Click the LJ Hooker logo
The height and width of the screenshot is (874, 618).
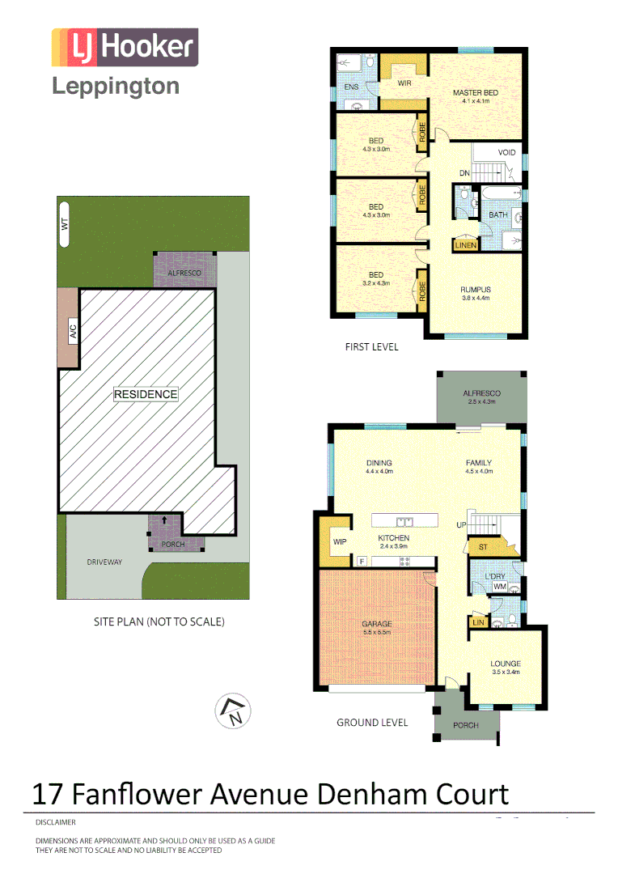tap(125, 47)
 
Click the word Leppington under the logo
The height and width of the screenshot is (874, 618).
tap(116, 87)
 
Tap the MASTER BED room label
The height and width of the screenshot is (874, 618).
tap(475, 93)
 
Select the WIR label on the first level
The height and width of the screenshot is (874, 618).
tap(404, 83)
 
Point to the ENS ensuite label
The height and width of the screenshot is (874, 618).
tap(351, 86)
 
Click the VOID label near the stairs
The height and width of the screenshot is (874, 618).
tap(506, 152)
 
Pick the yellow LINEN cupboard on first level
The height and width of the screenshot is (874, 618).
tap(465, 244)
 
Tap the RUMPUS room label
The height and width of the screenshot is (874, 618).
tap(476, 290)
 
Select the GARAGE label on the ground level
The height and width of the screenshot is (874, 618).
tap(376, 624)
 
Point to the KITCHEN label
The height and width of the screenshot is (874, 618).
tap(394, 538)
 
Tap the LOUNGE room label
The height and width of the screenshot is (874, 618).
tap(506, 664)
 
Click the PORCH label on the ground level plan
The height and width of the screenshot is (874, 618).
tap(465, 725)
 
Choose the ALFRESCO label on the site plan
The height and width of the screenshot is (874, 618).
tap(184, 274)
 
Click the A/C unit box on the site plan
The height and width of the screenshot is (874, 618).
tap(71, 331)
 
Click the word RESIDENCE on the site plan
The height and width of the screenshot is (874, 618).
tap(145, 394)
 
